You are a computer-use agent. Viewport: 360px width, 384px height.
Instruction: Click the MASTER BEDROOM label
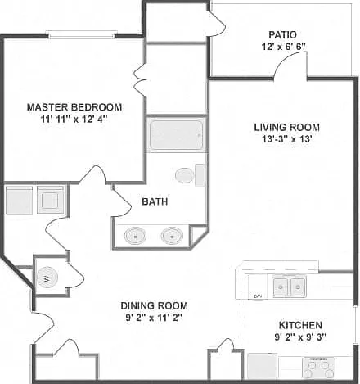point(74,107)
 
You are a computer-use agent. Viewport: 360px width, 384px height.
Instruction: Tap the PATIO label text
point(282,35)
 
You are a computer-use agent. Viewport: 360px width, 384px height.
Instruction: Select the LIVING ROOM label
point(287,127)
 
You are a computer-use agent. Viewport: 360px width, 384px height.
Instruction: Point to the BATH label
point(155,201)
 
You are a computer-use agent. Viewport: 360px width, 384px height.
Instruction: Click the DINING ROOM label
point(155,305)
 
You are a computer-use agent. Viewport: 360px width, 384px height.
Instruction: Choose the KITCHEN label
point(300,325)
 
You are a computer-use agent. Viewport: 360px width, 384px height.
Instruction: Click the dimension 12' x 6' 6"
point(283,47)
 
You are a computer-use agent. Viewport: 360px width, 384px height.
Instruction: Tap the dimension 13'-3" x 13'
point(287,139)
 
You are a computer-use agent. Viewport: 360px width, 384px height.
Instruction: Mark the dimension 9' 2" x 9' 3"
point(300,337)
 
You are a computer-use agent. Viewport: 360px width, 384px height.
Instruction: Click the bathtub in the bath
point(177,135)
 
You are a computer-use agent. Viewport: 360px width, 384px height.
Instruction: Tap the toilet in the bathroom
point(190,175)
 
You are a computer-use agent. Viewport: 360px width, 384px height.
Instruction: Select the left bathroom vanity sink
point(135,236)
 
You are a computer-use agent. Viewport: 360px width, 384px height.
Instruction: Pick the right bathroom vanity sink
point(172,236)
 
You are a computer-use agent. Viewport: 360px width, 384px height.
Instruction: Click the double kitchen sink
point(289,287)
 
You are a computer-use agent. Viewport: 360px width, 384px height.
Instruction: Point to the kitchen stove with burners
point(318,368)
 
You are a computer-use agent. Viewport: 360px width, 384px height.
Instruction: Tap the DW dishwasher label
point(257,296)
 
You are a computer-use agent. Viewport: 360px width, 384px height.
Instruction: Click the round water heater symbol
point(47,278)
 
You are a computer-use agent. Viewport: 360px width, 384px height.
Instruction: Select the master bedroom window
point(82,34)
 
